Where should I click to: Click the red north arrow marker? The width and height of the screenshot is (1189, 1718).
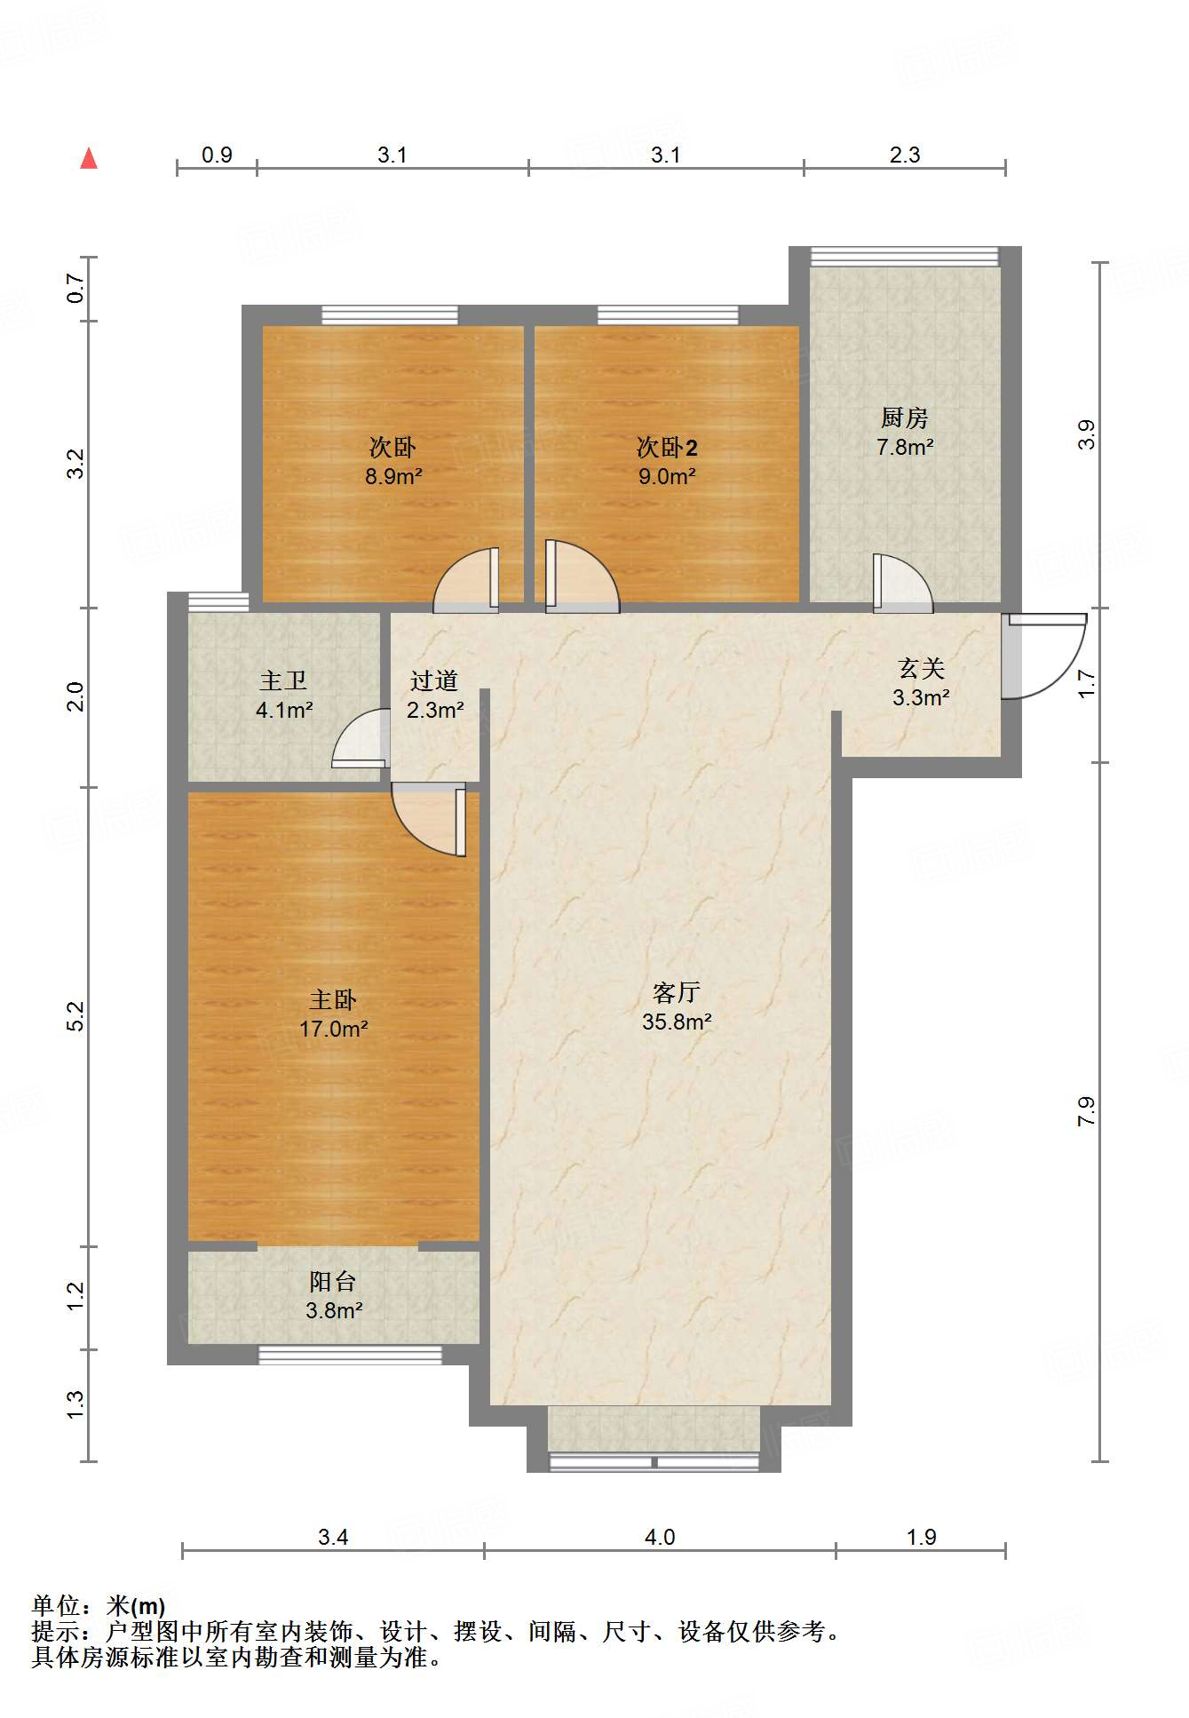(89, 158)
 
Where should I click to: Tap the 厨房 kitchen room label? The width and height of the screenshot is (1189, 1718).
(904, 417)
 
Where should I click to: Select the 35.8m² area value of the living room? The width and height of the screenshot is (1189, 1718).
(677, 1022)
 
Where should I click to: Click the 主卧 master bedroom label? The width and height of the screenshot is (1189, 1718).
(333, 1000)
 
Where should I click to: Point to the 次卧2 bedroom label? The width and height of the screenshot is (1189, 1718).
(667, 447)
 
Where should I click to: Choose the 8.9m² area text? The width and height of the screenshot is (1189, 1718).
(393, 476)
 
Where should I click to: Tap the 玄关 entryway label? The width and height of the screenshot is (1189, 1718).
(921, 668)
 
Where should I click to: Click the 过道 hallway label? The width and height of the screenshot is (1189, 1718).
(434, 680)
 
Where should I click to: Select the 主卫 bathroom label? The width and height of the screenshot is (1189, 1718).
(283, 680)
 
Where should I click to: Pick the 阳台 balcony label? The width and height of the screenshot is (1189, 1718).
(333, 1281)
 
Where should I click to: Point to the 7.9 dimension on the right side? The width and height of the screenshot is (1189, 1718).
(1086, 1111)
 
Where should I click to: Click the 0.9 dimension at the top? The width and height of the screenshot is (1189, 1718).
(217, 155)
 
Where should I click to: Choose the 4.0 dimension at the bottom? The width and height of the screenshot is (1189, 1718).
(660, 1537)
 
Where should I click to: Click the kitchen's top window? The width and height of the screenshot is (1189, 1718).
(904, 256)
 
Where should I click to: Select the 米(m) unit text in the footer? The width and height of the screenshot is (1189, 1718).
(136, 1606)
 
